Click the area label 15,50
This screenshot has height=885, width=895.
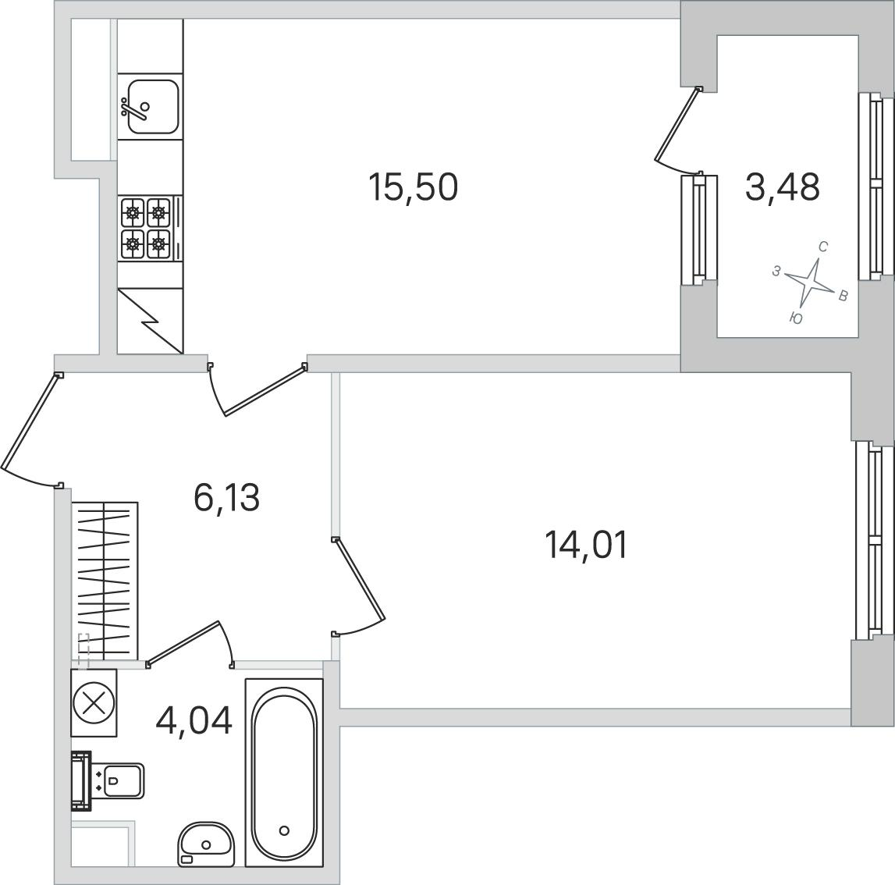[414, 187]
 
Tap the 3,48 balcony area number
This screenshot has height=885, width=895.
[783, 187]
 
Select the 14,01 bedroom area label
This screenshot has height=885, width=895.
[586, 545]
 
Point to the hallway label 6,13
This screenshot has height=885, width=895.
[226, 497]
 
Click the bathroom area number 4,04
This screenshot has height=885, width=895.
[194, 720]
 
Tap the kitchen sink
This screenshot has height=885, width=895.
[152, 106]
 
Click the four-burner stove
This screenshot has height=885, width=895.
[151, 229]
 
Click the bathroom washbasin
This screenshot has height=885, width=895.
[205, 844]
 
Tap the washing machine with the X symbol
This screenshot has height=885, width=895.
[94, 702]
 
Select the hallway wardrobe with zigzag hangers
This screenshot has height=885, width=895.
[105, 581]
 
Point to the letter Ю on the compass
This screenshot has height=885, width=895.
[796, 318]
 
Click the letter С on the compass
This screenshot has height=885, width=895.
[823, 247]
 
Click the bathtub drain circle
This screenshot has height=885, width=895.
[284, 830]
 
